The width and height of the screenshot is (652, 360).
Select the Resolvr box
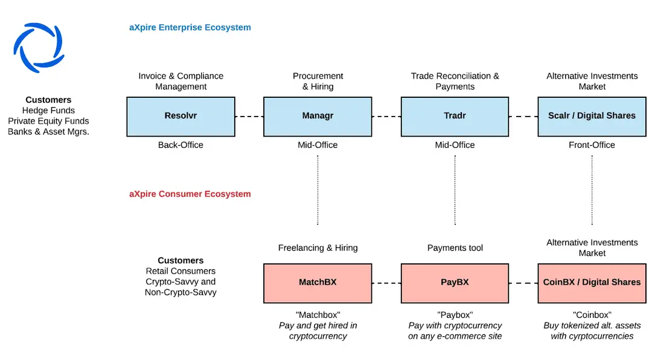coord(181,117)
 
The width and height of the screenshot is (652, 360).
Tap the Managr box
coord(318,117)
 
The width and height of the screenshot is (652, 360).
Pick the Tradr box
coord(455,117)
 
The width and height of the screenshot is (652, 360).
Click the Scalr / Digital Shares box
coord(592,117)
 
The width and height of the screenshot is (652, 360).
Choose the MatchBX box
coord(318,283)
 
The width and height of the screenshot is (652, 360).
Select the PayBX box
coord(455,283)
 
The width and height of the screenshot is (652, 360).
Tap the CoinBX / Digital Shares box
coord(592,283)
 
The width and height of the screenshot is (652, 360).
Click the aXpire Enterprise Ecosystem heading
coord(190,27)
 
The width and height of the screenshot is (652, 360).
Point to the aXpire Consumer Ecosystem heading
coord(190,194)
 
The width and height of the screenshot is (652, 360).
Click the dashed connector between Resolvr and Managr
coord(249,117)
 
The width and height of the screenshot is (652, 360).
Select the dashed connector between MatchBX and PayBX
coord(387,283)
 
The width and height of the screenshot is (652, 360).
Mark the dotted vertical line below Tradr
coord(455,190)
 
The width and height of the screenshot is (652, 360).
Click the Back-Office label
coord(181,145)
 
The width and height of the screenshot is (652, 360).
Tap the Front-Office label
coord(592,145)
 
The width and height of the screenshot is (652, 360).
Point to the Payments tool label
coord(455,248)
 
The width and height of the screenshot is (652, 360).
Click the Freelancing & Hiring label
coord(318,248)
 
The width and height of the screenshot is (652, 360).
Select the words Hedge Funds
coord(48,111)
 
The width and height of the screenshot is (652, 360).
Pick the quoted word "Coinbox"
coord(592,315)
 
